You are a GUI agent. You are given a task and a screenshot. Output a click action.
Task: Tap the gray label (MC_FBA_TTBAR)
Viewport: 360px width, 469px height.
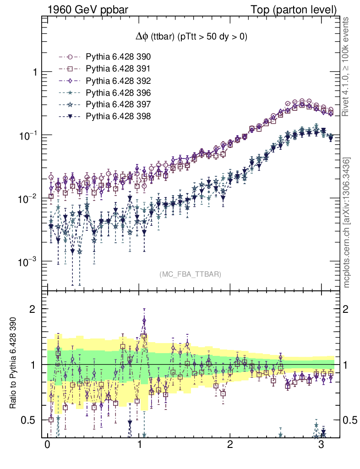coord(191,274)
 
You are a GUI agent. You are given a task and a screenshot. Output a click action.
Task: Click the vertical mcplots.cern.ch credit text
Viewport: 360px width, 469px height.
coord(347,223)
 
